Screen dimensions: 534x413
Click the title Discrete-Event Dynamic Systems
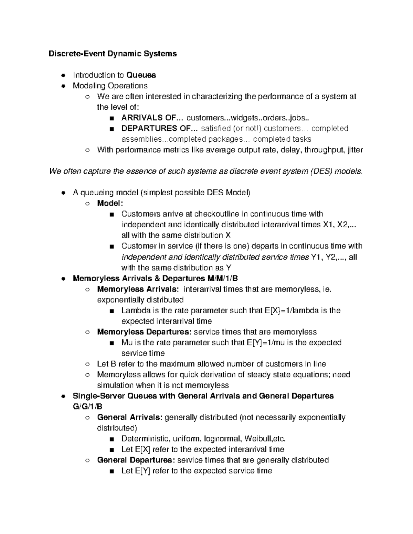(x=113, y=54)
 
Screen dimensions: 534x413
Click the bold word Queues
(x=141, y=75)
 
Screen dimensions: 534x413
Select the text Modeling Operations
(x=110, y=86)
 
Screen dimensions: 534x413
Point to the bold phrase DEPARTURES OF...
(x=159, y=128)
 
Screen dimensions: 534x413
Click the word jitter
(x=355, y=150)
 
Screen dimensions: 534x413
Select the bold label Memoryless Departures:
(x=144, y=332)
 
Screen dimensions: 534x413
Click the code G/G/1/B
(x=88, y=406)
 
